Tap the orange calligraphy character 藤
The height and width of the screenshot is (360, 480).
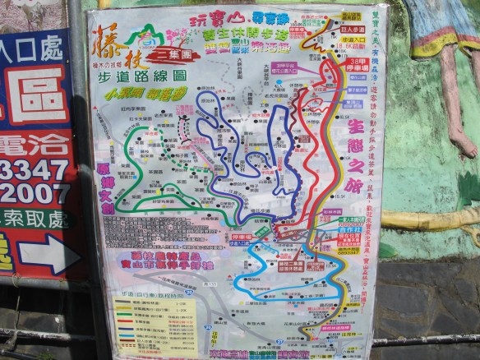click(109, 39)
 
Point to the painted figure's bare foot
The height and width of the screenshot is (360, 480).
click(463, 147)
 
